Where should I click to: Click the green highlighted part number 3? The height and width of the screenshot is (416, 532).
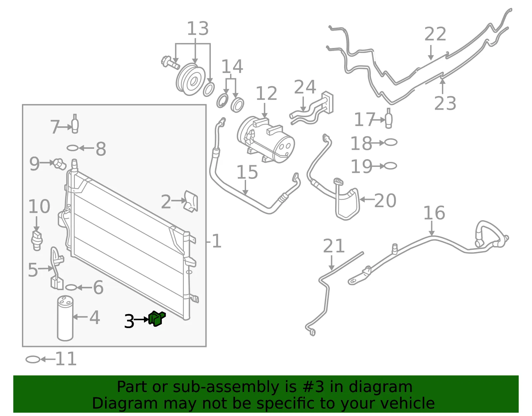pos(157,318)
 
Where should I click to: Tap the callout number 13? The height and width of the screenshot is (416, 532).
pos(198,28)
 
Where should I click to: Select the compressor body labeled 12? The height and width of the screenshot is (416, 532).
pos(266,140)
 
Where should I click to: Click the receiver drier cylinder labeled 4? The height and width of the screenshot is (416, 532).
pos(65,318)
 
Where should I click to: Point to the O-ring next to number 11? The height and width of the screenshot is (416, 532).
pos(33,360)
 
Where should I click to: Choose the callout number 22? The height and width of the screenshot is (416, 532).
pos(435,34)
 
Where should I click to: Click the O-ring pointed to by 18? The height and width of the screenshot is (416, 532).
pos(391,142)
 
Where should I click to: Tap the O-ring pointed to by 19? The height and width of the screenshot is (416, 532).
pos(390,166)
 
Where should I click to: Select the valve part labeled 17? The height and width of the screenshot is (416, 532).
pos(389,118)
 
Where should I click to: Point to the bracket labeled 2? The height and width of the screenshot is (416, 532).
pos(191,201)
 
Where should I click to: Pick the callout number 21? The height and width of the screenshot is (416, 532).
pos(334,246)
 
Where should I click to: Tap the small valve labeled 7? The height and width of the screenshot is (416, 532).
pos(75,124)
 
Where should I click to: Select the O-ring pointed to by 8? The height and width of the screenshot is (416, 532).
pos(73,148)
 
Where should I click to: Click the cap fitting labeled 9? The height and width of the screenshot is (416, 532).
pos(60,164)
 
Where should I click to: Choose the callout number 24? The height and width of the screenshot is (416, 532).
pos(305,87)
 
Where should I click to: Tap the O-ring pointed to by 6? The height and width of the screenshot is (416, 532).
pos(71,287)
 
